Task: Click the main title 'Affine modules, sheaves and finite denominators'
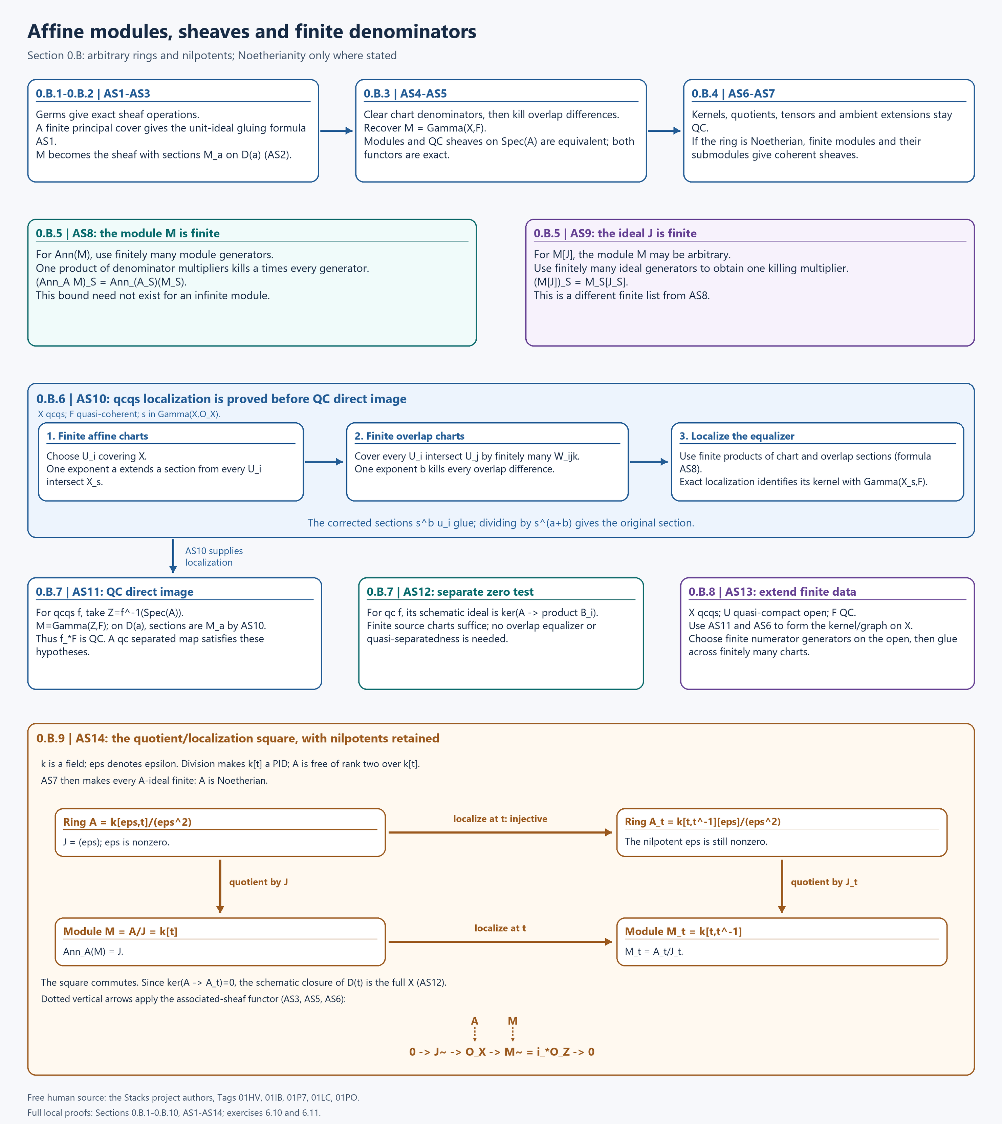point(252,32)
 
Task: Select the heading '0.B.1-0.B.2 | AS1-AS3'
point(93,93)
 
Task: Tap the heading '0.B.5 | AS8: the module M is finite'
point(128,233)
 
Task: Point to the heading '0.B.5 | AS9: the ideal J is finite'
point(615,233)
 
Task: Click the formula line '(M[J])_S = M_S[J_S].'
point(581,282)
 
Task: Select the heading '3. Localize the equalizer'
point(737,436)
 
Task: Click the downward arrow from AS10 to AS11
point(173,556)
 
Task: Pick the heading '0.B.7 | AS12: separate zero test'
point(450,592)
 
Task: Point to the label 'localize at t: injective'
point(500,819)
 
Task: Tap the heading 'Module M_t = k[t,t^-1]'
point(683,931)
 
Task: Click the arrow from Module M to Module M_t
point(500,942)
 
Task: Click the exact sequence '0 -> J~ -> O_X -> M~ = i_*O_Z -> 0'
point(502,1052)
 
